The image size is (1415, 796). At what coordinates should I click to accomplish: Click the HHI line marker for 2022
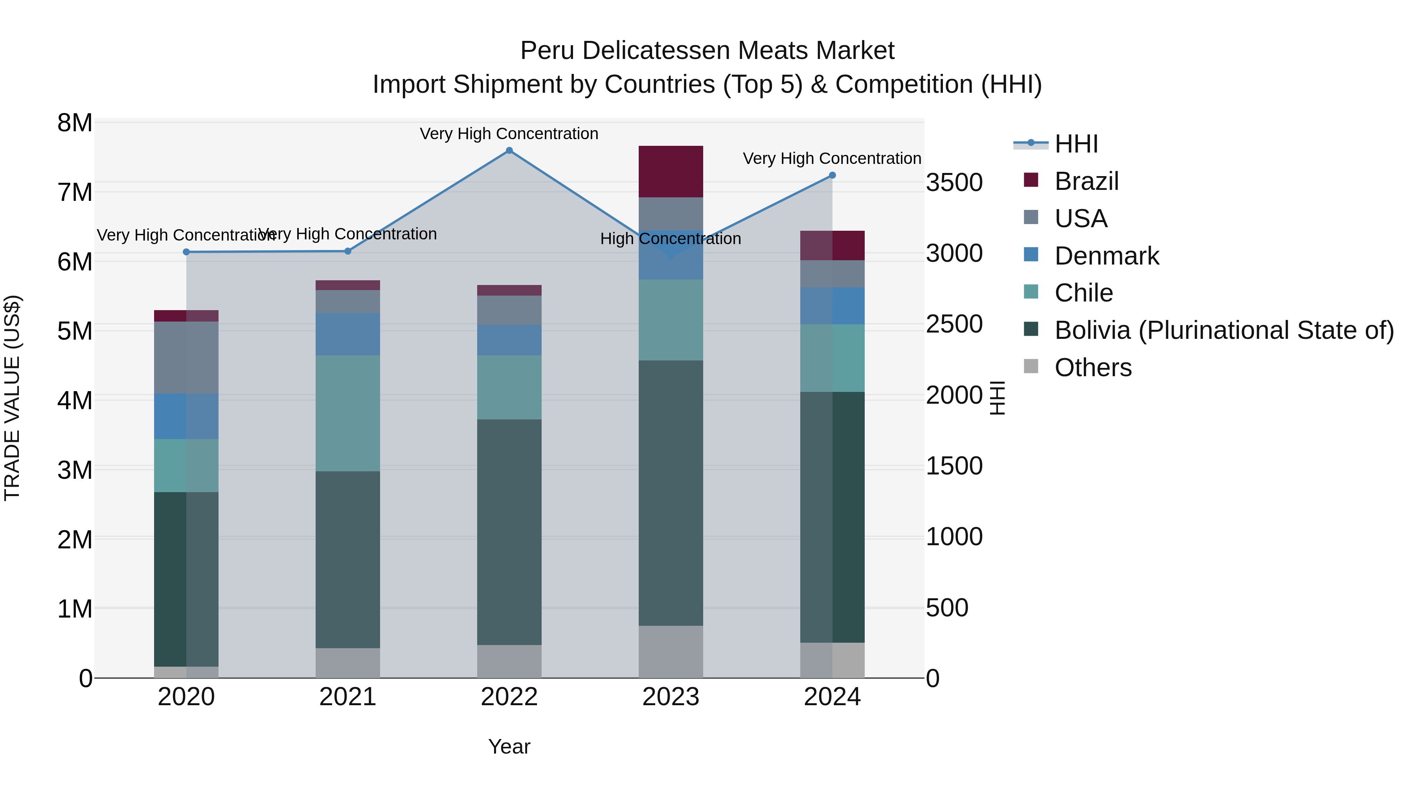(x=509, y=151)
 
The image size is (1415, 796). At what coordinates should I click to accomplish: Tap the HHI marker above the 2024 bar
(x=832, y=175)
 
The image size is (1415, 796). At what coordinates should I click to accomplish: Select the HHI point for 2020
(x=186, y=252)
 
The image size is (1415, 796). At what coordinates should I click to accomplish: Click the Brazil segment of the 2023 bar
(x=670, y=171)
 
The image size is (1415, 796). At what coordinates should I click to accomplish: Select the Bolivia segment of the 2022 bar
(x=509, y=532)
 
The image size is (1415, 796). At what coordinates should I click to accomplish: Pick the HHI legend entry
(x=1075, y=144)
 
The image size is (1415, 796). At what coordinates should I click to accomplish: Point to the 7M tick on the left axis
(x=75, y=192)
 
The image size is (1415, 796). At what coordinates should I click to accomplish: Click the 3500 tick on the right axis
(x=954, y=182)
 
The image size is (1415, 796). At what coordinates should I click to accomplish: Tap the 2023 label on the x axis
(x=670, y=697)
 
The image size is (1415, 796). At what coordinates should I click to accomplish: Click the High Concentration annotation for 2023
(x=670, y=239)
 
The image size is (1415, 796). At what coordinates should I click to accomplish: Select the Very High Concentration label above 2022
(x=509, y=134)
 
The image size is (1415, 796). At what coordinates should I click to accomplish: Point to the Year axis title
(x=509, y=746)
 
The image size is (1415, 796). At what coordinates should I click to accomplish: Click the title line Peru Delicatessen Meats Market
(x=707, y=51)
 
